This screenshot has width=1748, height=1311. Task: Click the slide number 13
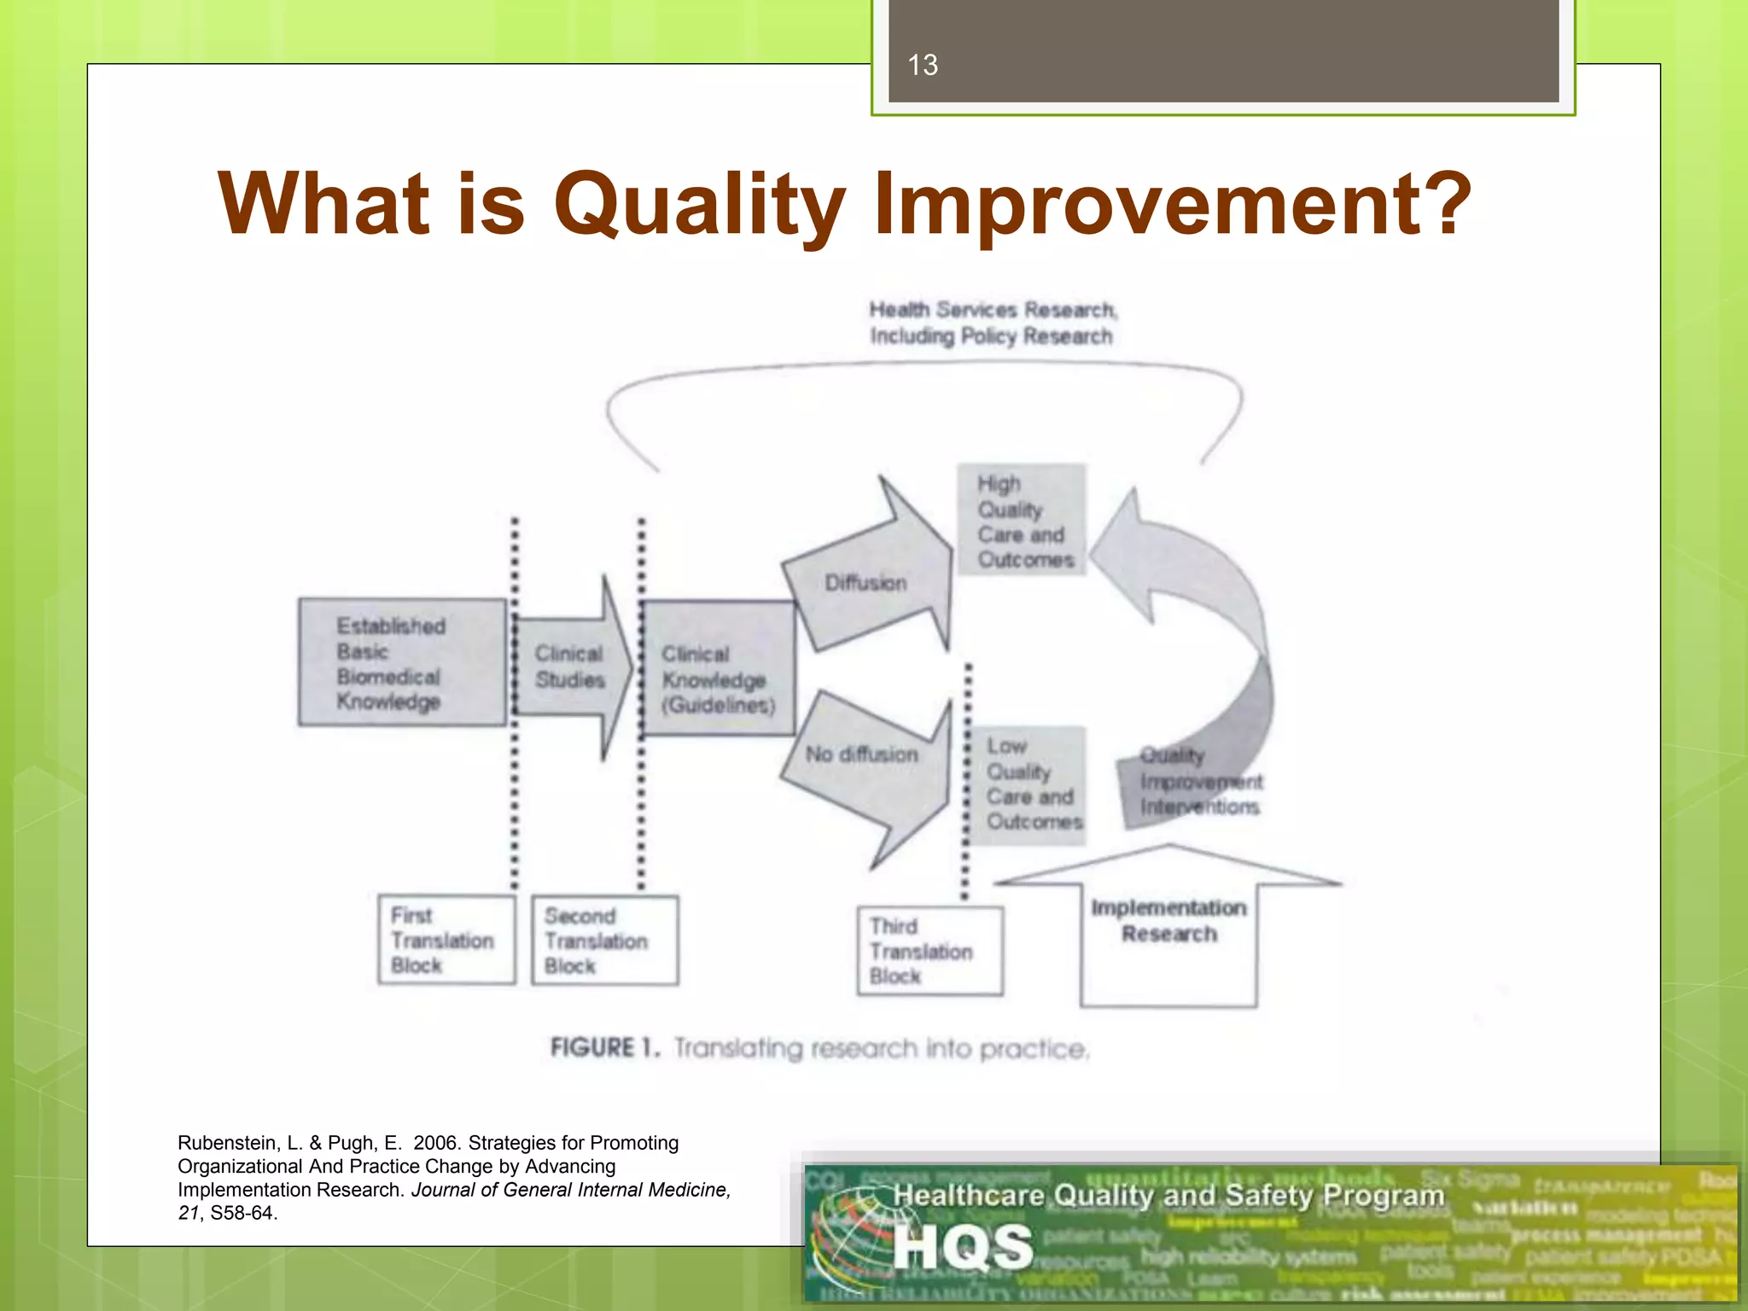click(x=923, y=65)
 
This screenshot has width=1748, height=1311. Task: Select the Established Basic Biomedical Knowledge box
click(x=401, y=662)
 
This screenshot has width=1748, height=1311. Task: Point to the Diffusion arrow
click(x=866, y=583)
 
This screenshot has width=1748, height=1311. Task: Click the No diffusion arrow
click(x=863, y=755)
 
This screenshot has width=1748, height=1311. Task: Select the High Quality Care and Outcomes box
click(x=1022, y=521)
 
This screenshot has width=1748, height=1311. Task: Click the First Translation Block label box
click(x=446, y=940)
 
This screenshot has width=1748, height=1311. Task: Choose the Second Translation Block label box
click(x=603, y=941)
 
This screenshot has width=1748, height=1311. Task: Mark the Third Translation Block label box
click(x=929, y=951)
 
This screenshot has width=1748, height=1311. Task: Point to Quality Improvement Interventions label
click(x=1199, y=782)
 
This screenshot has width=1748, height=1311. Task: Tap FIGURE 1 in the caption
click(x=604, y=1047)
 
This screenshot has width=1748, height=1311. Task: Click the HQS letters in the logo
click(x=963, y=1247)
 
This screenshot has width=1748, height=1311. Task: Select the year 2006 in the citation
click(x=436, y=1143)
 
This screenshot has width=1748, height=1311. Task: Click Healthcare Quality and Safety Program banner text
click(x=1168, y=1196)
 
